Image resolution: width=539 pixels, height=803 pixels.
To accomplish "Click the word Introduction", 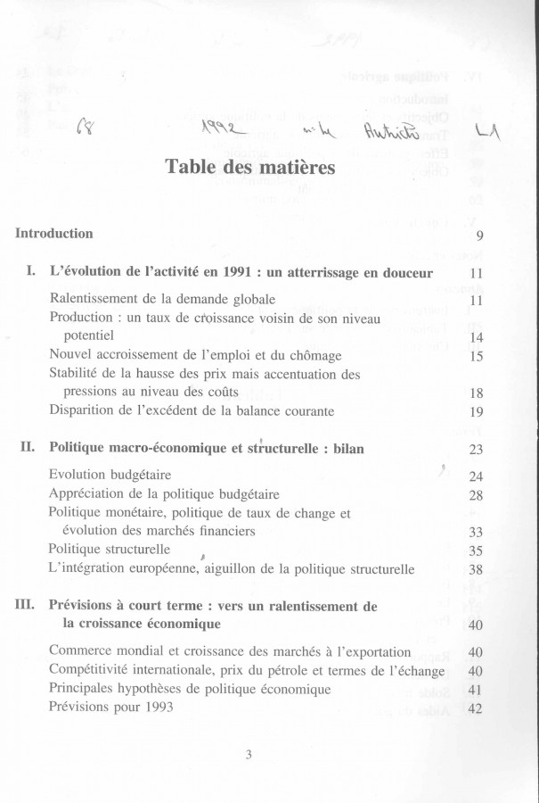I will [54, 234].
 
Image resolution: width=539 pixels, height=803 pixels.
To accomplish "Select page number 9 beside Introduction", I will [479, 236].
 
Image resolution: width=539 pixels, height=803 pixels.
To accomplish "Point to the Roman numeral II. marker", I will [28, 447].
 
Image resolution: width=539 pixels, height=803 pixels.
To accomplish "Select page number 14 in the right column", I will [476, 337].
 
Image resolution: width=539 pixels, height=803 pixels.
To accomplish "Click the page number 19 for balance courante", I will [476, 412].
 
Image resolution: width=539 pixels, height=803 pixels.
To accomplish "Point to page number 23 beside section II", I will [476, 450].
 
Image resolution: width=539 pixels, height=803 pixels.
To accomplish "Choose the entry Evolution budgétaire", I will [110, 475].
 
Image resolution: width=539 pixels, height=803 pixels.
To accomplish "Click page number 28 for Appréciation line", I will [476, 495].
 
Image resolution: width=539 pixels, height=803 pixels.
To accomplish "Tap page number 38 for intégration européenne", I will [476, 569].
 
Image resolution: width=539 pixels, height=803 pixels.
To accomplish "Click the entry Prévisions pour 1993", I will [110, 708].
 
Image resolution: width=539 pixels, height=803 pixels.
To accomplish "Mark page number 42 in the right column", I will [475, 710].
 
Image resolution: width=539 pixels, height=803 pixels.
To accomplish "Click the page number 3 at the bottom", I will [249, 755].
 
